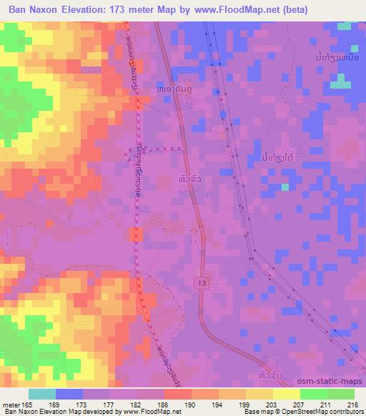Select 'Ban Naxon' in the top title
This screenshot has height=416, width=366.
coord(36,11)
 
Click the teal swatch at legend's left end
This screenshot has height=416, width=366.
coord(42,394)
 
